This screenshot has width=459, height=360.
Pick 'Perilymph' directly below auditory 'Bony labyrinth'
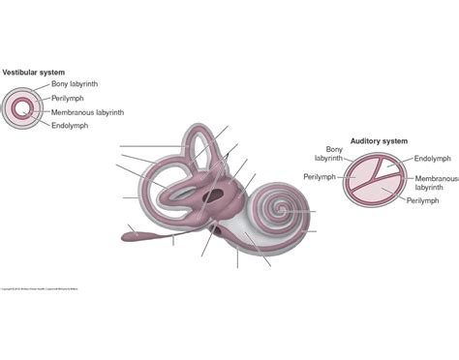pyautogui.click(x=319, y=177)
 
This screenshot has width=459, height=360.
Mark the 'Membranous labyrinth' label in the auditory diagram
pyautogui.click(x=436, y=184)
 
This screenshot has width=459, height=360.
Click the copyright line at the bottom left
pyautogui.click(x=39, y=288)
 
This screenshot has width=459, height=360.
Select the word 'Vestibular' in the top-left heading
pyautogui.click(x=20, y=73)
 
